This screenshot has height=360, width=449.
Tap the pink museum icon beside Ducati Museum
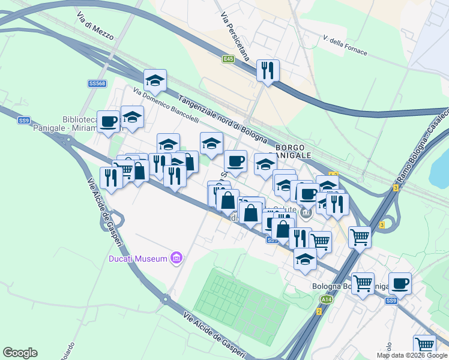[x=176, y=259]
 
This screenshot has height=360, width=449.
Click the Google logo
[x=20, y=353]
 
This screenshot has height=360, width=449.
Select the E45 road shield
[x=228, y=59]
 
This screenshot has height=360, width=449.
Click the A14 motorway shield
[x=326, y=299]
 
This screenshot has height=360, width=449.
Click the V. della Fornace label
[x=345, y=45]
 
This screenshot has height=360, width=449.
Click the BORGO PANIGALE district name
[x=294, y=151]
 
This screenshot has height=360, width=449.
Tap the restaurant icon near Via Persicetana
[x=268, y=70]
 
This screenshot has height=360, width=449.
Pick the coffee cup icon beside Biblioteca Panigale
[x=109, y=122]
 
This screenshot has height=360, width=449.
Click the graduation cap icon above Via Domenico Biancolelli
[x=155, y=80]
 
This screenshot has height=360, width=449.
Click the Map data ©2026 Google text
[x=412, y=355]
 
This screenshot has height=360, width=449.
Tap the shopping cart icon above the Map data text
[x=424, y=344]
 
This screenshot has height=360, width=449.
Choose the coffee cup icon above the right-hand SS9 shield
[x=400, y=283]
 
